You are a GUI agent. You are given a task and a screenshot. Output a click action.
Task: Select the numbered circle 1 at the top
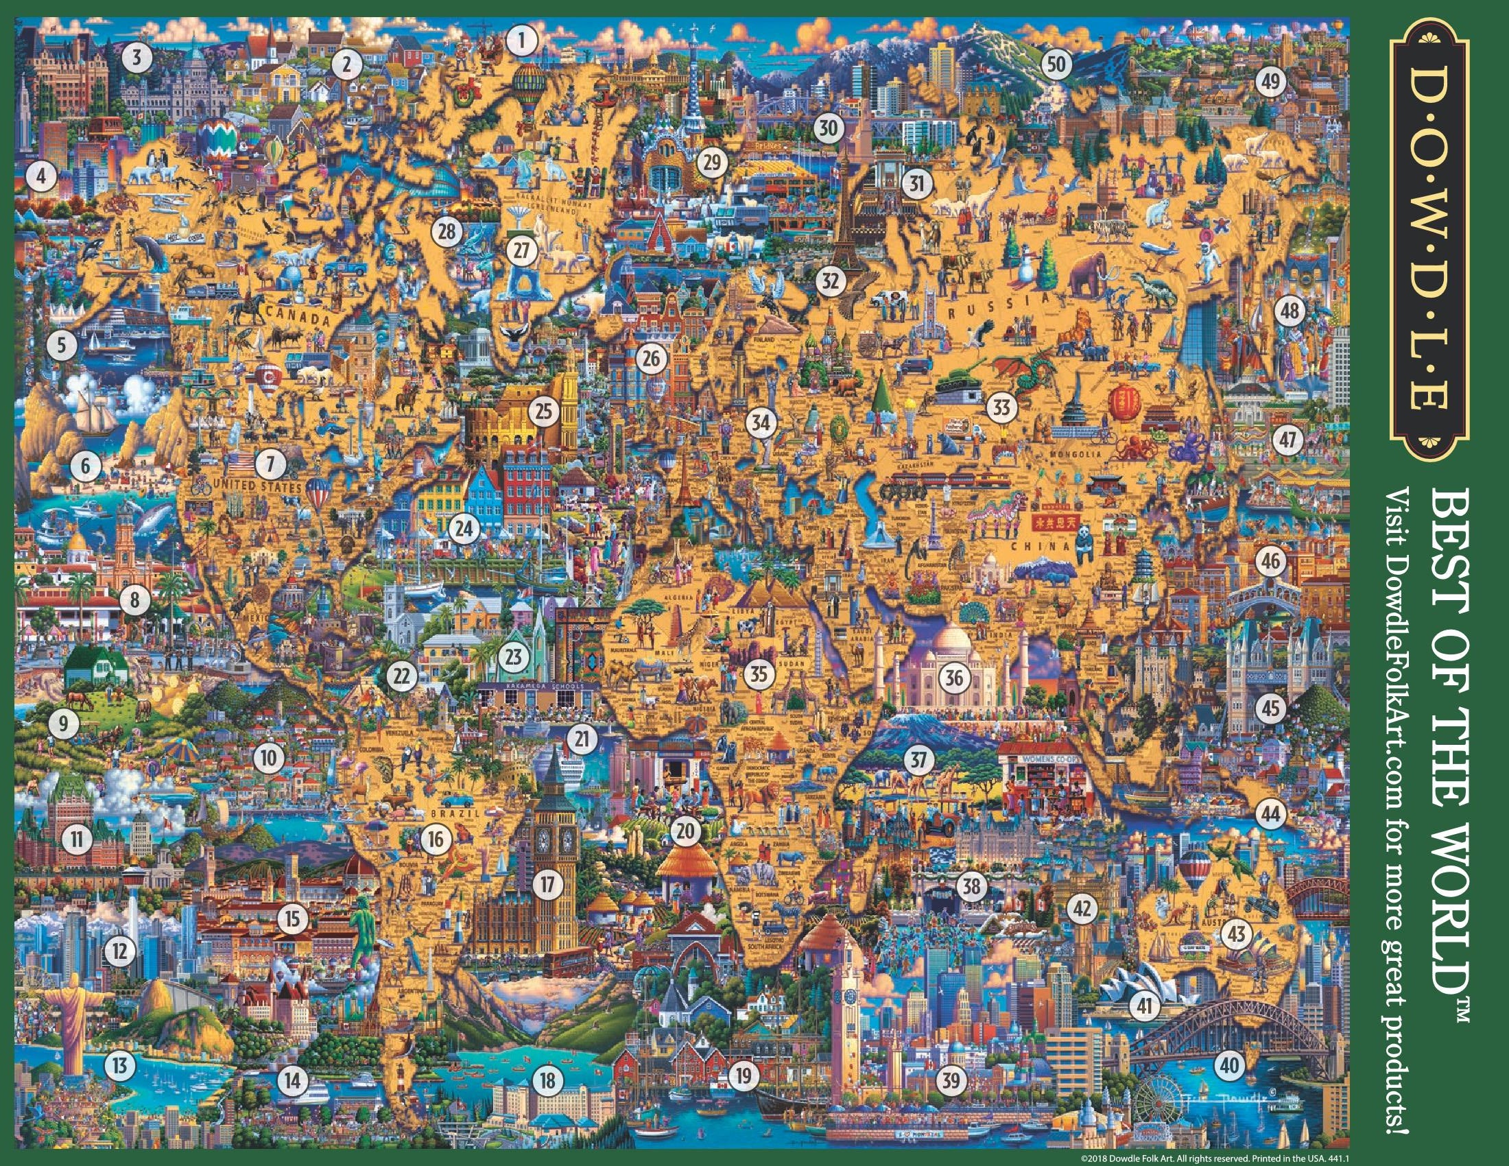[523, 39]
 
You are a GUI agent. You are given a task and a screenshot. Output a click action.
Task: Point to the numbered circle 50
[1056, 65]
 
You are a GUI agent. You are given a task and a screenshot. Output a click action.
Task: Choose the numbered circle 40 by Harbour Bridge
[1228, 1064]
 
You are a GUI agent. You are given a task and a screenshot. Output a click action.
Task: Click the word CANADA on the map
[294, 318]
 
